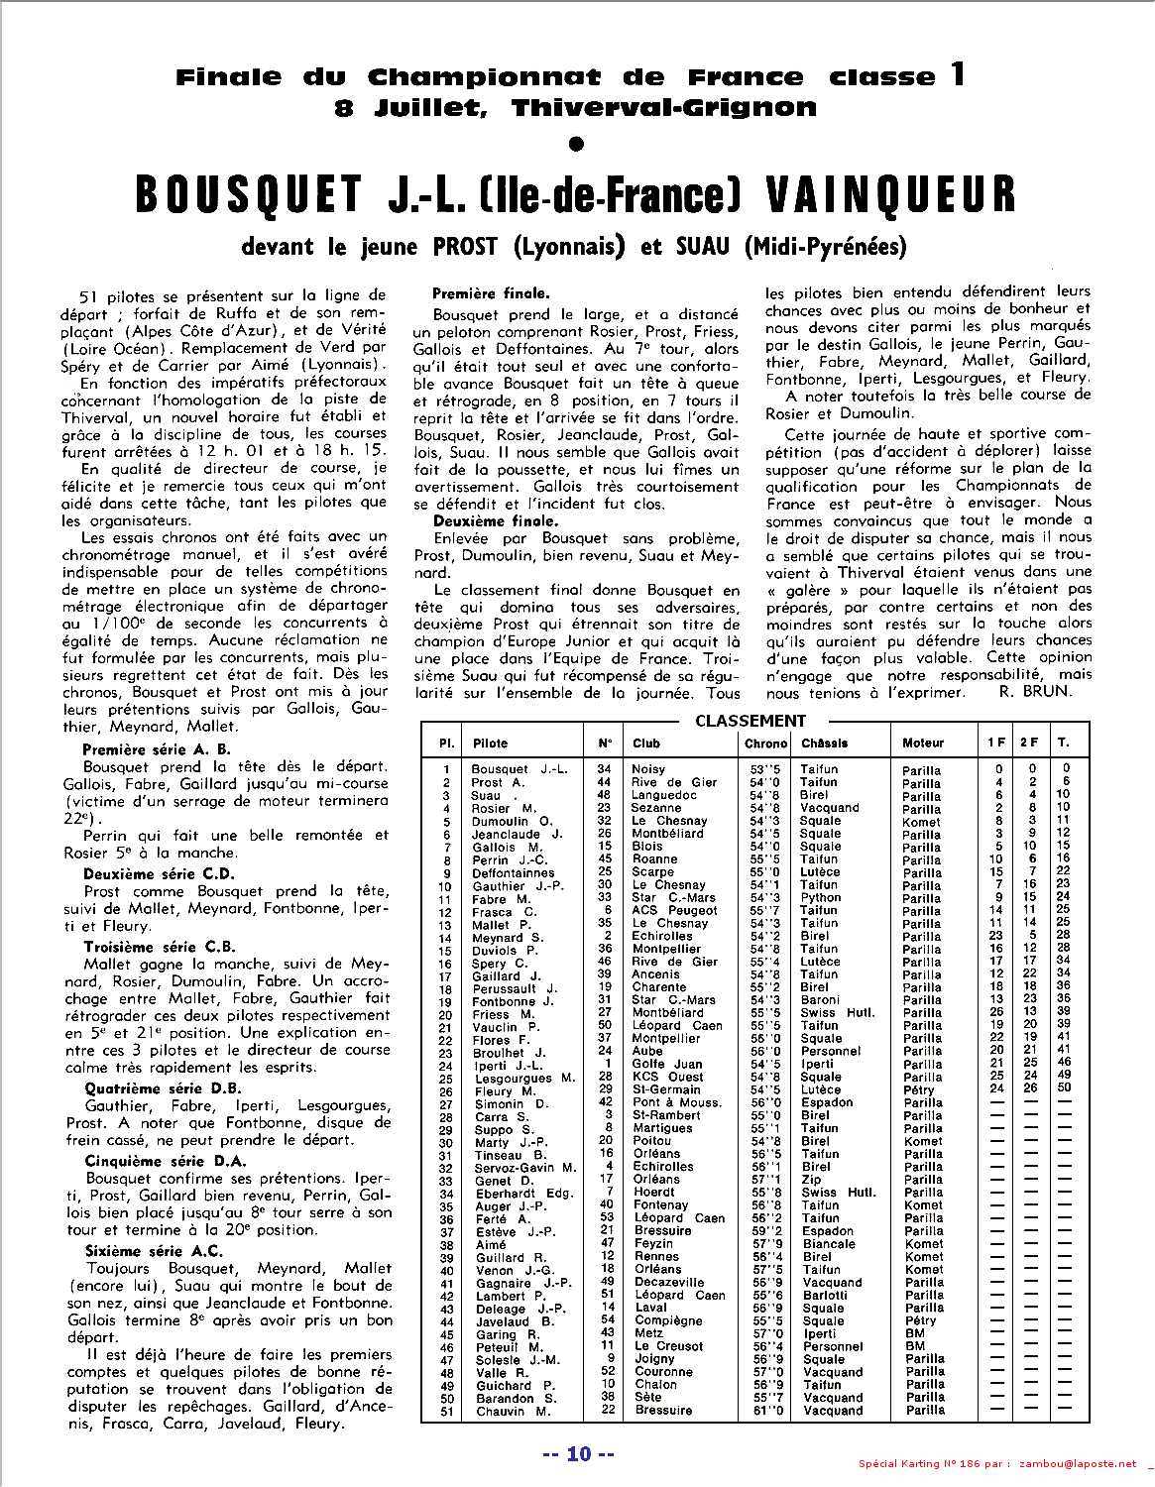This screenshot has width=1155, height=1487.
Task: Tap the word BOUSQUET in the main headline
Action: [x=248, y=195]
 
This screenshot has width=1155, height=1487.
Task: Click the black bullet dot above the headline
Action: [x=578, y=145]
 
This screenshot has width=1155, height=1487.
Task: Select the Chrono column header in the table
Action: [x=765, y=743]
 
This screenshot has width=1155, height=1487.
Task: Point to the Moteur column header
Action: [x=923, y=743]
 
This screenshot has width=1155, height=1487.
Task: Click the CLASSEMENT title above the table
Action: [x=751, y=722]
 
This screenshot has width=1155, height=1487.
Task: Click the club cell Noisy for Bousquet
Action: [x=648, y=769]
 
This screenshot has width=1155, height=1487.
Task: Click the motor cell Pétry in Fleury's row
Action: [x=919, y=1090]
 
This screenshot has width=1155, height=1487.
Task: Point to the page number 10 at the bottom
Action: [x=579, y=1454]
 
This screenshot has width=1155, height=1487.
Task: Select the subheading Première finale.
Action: [x=491, y=293]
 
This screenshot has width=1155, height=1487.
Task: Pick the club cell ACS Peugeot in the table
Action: [x=674, y=910]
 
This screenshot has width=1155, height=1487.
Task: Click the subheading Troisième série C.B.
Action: [x=159, y=947]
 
